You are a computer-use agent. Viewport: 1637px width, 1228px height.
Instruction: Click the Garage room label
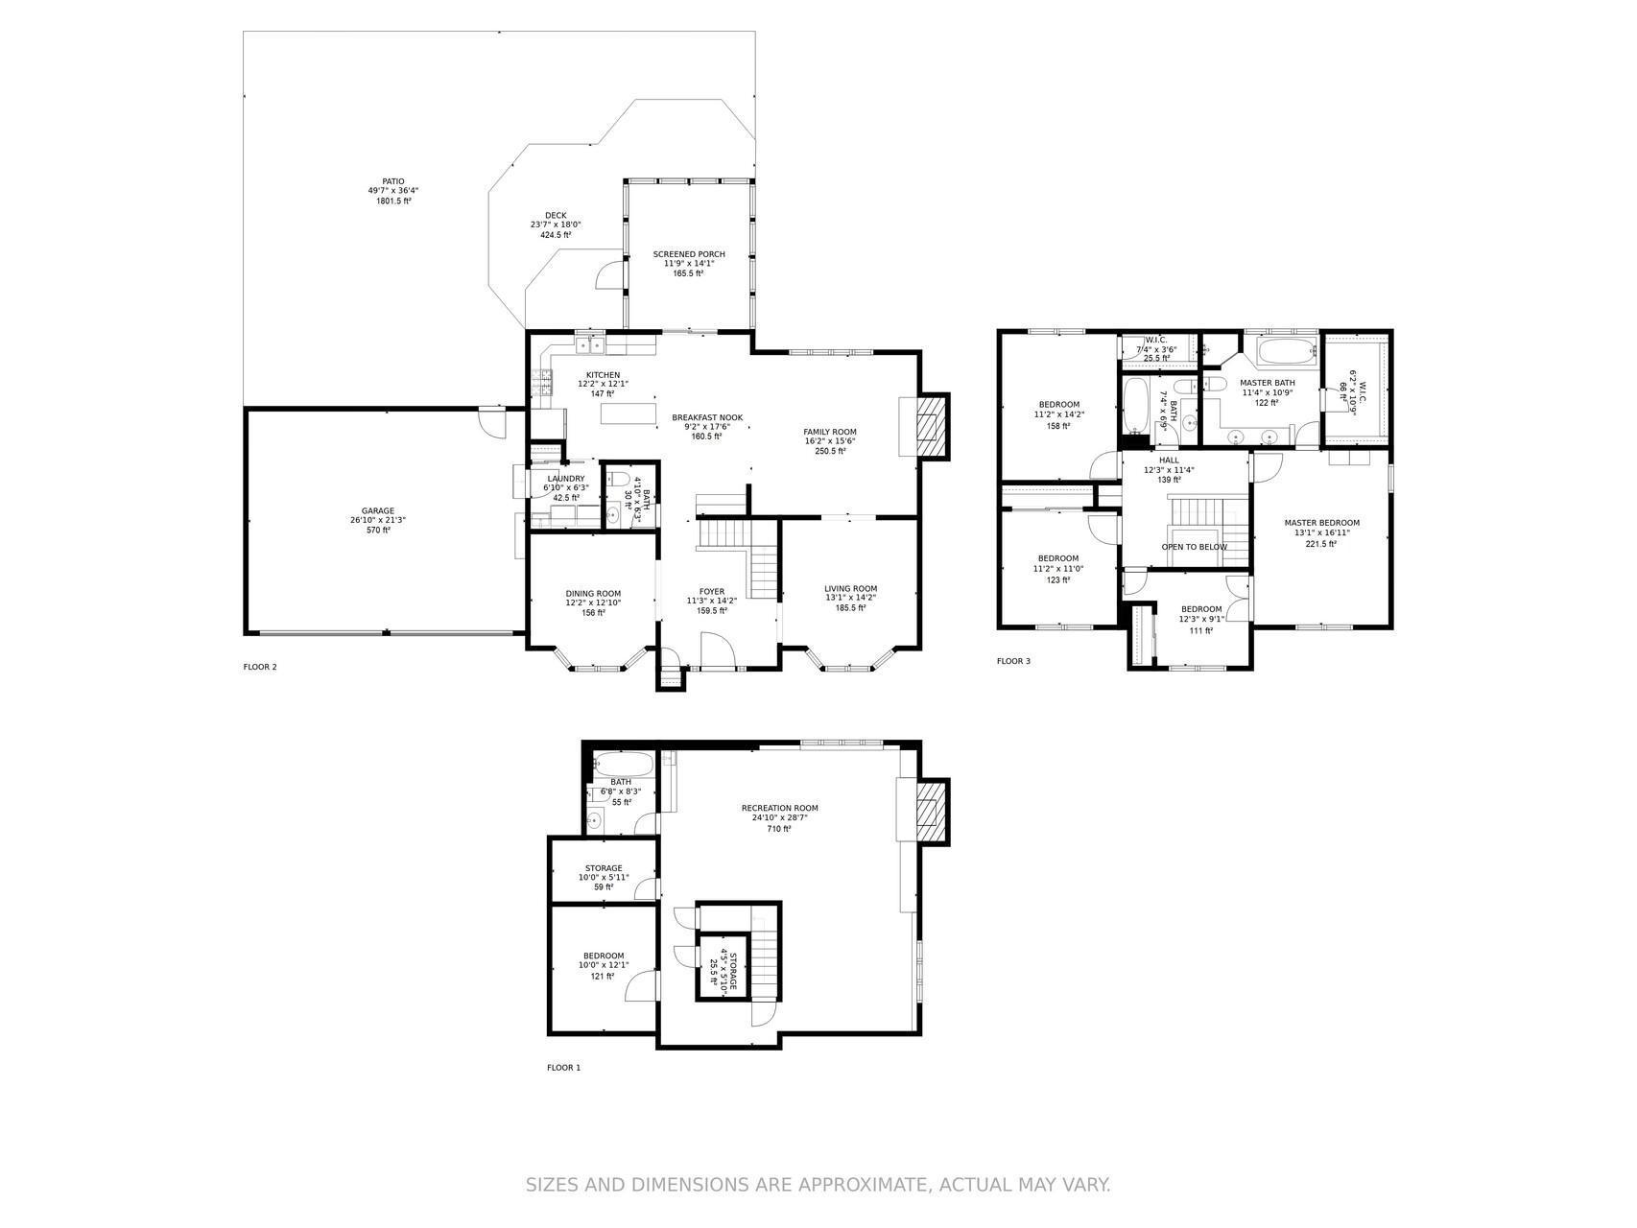[x=378, y=511]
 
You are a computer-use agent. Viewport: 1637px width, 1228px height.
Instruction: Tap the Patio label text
[x=393, y=181]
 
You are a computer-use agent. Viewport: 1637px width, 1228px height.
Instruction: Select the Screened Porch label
[x=689, y=254]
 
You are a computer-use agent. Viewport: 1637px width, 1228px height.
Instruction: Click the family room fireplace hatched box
[x=927, y=426]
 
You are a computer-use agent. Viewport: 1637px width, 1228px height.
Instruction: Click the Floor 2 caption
[x=260, y=667]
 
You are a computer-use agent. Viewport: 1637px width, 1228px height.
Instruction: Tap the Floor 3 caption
[x=1013, y=661]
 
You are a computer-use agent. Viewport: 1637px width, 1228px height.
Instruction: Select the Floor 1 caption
[x=564, y=1068]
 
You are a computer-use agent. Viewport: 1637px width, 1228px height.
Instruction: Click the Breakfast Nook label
[x=707, y=417]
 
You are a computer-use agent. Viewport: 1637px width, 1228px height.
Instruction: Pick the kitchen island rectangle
[x=628, y=413]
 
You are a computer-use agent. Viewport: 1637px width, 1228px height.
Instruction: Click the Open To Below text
[x=1195, y=547]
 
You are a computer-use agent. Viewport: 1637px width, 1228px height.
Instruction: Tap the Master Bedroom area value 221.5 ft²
[x=1322, y=544]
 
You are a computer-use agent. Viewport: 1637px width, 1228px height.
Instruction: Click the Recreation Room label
[x=780, y=808]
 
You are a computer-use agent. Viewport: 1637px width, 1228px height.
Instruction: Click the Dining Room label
[x=593, y=593]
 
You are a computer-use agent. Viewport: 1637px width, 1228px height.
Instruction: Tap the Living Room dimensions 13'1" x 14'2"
[x=851, y=598]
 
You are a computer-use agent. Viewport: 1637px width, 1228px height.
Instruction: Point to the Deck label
[x=556, y=215]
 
